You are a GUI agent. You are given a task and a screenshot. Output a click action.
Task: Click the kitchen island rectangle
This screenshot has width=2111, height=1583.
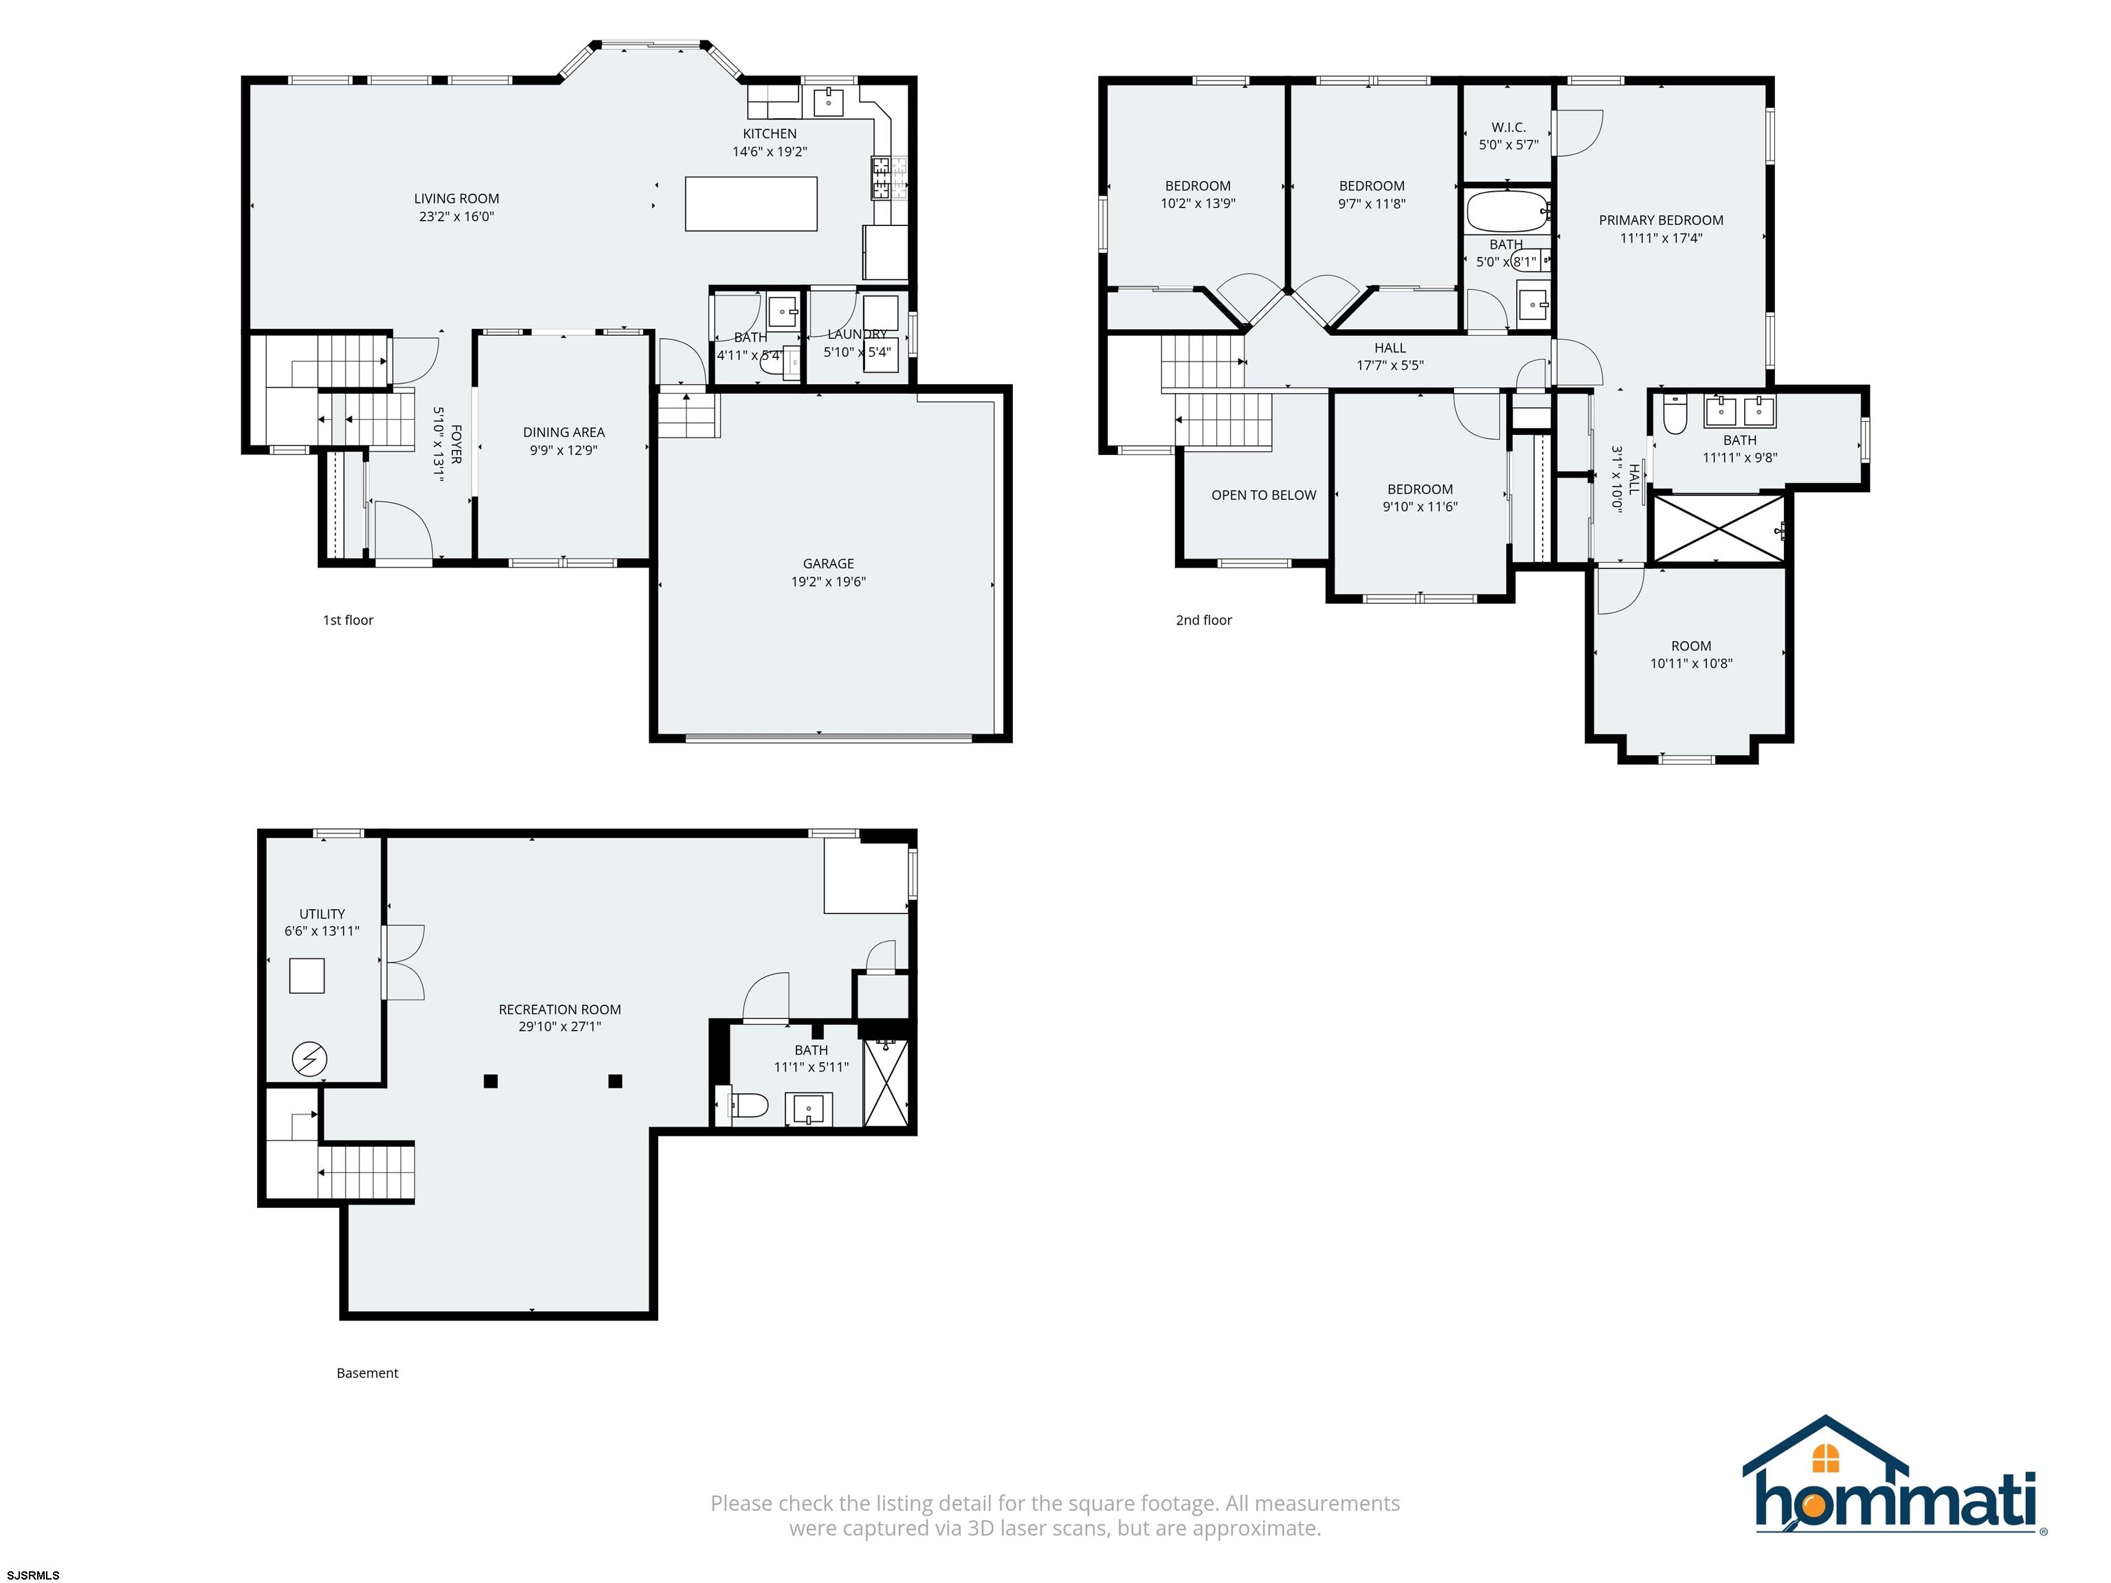(x=751, y=203)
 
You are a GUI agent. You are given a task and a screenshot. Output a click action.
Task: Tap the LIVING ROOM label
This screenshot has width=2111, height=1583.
(x=456, y=199)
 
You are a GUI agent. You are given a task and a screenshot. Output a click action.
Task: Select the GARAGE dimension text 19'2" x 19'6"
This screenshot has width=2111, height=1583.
(x=828, y=581)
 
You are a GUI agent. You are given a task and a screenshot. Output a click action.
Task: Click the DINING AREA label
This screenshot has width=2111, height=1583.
(x=564, y=432)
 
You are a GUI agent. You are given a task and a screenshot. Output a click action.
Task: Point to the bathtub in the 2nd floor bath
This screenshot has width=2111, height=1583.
(x=1507, y=212)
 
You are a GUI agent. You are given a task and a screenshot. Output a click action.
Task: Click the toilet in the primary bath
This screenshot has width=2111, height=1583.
(x=1675, y=415)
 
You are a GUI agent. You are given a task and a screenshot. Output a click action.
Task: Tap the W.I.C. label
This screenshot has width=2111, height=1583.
(x=1509, y=127)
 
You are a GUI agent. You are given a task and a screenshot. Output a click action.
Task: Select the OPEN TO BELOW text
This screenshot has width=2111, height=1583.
(x=1264, y=495)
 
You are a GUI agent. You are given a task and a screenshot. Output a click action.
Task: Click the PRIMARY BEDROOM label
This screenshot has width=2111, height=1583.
(x=1662, y=221)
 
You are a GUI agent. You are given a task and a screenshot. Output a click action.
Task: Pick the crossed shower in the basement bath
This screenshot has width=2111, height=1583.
(x=886, y=1083)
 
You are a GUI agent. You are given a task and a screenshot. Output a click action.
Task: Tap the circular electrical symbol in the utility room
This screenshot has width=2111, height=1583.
(x=309, y=1059)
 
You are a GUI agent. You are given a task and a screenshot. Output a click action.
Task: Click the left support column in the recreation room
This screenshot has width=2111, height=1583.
(x=491, y=1081)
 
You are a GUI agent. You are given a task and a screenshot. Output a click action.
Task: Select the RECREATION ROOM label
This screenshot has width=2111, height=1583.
(x=560, y=1009)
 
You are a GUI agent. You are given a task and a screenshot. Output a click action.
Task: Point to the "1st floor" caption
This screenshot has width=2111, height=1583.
(x=348, y=620)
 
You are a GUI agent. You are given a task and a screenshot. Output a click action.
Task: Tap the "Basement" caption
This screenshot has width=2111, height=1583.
(x=368, y=1373)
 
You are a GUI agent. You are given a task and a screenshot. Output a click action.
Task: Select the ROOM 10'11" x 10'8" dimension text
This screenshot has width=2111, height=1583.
(x=1691, y=663)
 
